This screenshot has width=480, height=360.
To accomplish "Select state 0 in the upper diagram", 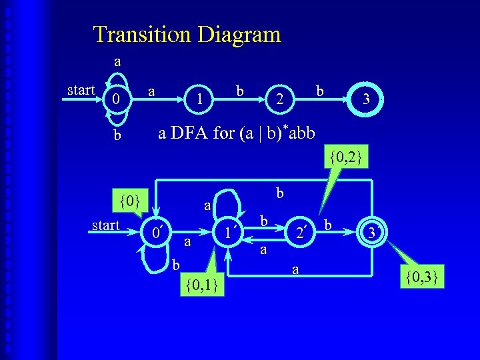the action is tap(117, 101).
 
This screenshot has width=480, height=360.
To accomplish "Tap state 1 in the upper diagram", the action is tap(199, 101).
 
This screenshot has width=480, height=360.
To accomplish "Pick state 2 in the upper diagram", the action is tap(282, 101).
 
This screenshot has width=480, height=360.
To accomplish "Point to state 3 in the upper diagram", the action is tap(365, 101).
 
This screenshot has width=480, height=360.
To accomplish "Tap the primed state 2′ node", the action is tap(301, 233).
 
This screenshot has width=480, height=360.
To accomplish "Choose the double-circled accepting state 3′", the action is tap(371, 233).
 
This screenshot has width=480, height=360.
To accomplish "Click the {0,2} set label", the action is tap(345, 157).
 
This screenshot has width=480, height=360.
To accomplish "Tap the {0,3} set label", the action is tap(421, 275).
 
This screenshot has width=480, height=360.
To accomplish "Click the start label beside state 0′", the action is tap(106, 225).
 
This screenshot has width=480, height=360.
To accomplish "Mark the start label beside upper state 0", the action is tap(81, 89).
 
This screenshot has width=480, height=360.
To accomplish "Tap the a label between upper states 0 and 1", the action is tap(153, 89).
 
